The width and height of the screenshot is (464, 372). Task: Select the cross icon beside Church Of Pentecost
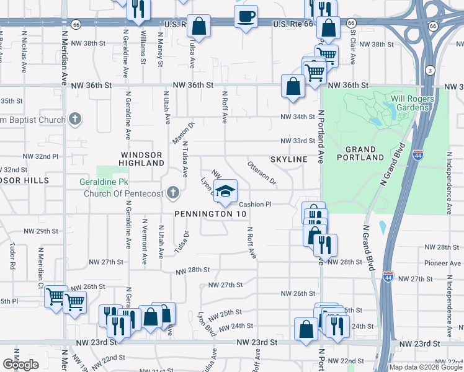173,193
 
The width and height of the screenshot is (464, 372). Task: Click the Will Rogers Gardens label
409,103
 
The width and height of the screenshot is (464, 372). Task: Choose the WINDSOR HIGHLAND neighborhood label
142,159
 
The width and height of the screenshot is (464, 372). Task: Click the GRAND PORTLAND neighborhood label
360,153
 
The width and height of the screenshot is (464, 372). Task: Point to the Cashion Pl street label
256,204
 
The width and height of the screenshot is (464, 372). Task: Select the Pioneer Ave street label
442,263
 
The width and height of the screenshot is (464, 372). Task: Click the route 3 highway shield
429,70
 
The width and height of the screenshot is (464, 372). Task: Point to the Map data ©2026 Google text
426,367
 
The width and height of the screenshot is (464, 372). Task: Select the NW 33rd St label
298,141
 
